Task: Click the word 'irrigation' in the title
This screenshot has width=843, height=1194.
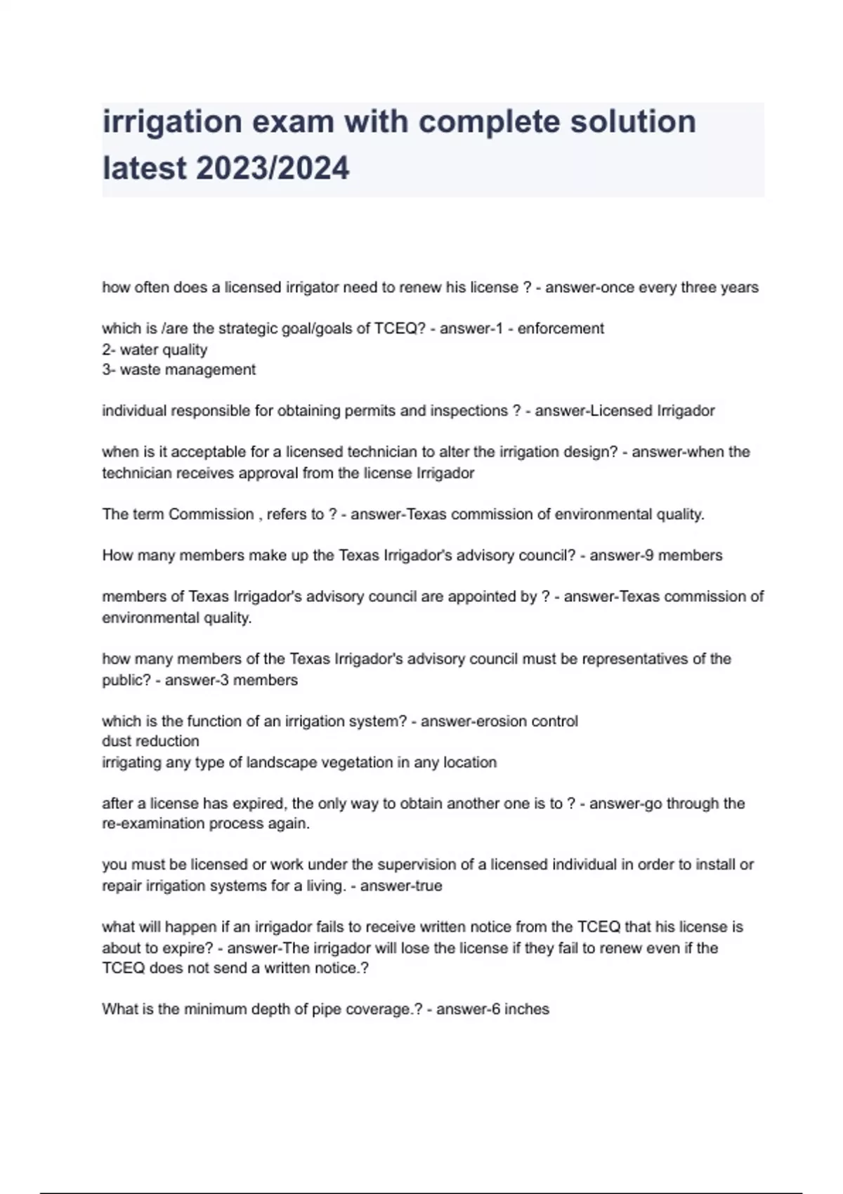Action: click(x=171, y=122)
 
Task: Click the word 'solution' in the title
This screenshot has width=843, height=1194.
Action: click(x=632, y=122)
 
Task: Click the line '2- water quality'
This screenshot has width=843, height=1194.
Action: click(x=155, y=350)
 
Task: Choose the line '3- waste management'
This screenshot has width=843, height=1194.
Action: click(x=178, y=369)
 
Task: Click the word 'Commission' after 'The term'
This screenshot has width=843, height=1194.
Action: click(x=211, y=514)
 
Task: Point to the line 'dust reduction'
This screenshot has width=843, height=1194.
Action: click(x=150, y=741)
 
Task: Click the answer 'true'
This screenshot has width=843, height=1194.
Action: click(x=429, y=886)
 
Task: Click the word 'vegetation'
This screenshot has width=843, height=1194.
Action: click(x=357, y=762)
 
